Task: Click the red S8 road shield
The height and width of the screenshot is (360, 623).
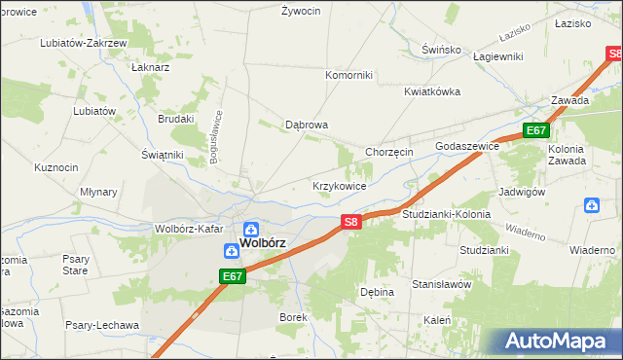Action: pos(352,223)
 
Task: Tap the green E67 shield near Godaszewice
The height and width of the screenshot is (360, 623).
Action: pos(536,130)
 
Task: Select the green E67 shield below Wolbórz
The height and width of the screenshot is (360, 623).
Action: pos(232,277)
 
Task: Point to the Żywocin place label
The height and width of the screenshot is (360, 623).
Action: pos(301,12)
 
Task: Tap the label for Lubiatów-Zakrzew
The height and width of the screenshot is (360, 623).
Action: pos(83,44)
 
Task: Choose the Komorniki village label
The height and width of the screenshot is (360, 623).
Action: pos(349,74)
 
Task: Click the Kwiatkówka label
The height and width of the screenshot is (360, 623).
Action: pos(432,91)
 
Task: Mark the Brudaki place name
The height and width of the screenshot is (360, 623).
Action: pos(176,119)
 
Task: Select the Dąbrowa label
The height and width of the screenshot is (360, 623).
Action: pos(306,126)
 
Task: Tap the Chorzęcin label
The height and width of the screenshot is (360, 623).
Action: pos(389,153)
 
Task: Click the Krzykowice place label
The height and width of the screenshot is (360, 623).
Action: pos(339,186)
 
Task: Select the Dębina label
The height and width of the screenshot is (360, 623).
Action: pos(377,292)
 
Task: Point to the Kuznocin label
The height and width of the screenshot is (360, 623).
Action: pos(55,167)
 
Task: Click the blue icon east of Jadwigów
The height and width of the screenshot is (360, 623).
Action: pos(592,205)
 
